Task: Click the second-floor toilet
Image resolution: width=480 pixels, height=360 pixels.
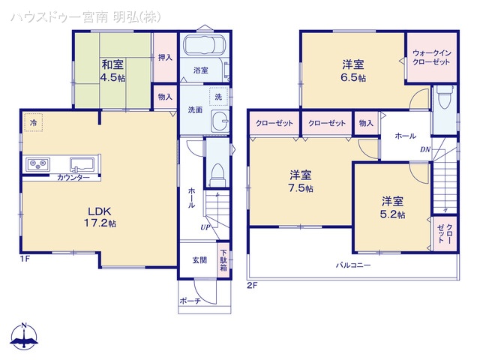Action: coord(445,97)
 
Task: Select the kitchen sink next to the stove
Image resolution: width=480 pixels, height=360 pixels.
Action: coord(81,163)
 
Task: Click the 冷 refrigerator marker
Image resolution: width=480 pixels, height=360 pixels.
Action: coord(33,121)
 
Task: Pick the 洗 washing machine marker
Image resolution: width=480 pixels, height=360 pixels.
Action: coord(217,97)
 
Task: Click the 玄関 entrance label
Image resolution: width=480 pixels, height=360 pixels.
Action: coord(199,260)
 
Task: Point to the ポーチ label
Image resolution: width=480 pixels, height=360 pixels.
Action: coord(190,301)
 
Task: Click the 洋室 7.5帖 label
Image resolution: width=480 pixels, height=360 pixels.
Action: coord(301,181)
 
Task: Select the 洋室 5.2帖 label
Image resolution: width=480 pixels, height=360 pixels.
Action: coord(392,207)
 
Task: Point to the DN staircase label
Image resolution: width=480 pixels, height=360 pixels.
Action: coord(424,150)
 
